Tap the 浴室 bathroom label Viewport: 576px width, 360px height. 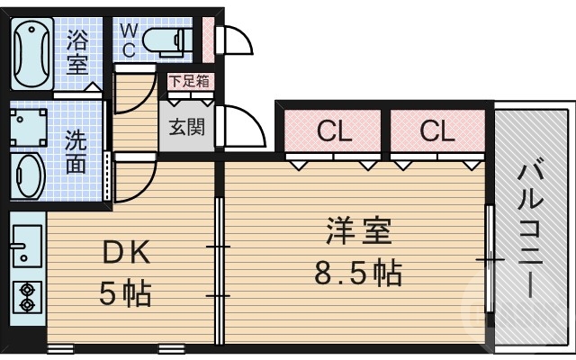coord(77,52)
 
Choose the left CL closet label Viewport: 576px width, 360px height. coord(333,131)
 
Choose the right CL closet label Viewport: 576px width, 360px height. coord(436,131)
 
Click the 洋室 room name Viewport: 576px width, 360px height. coord(357,233)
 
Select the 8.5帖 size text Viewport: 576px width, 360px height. coord(357,272)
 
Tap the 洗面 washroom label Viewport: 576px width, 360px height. coord(76,152)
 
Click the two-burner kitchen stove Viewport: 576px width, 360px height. coord(27,296)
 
